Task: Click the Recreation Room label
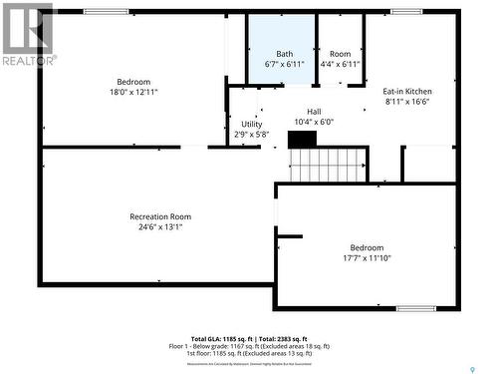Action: [159, 216]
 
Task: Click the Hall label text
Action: [314, 112]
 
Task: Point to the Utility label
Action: [252, 125]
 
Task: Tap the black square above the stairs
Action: [302, 139]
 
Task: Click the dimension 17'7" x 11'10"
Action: [367, 258]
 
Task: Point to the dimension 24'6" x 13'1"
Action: [159, 227]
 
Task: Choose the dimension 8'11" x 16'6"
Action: [407, 102]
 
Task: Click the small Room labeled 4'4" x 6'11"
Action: [341, 58]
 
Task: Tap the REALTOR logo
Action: [28, 36]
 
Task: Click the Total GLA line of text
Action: [249, 339]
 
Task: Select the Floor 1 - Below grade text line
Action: [249, 346]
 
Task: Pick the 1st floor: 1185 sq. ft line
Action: [249, 354]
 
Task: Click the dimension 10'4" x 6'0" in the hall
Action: [314, 123]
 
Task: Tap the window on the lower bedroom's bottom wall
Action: [416, 308]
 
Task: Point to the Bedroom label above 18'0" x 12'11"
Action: [133, 82]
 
